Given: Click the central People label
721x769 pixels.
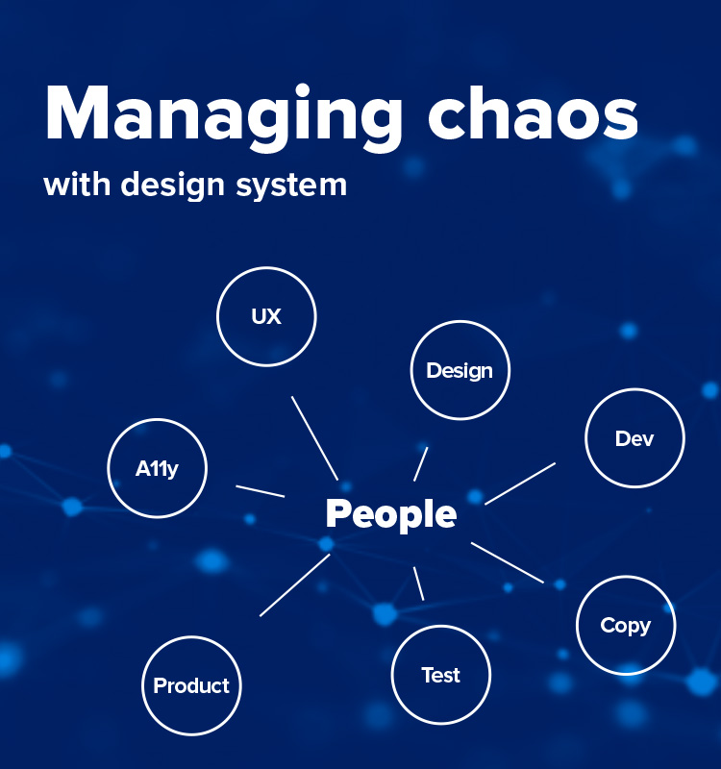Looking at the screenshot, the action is (x=390, y=514).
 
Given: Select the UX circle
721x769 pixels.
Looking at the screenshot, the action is (x=266, y=316).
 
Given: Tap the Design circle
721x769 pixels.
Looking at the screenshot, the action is (x=460, y=371).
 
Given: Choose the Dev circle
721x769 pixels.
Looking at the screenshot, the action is (x=634, y=439).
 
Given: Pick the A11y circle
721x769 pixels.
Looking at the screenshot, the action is (x=157, y=469).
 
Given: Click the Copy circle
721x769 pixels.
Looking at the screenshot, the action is (x=626, y=626).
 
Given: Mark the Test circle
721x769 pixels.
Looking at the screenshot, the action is (x=441, y=675).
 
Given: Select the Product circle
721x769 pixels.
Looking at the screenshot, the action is (x=191, y=686).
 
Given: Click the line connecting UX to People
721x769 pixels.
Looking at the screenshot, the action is (x=314, y=437).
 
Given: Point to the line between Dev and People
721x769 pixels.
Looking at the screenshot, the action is (x=520, y=483).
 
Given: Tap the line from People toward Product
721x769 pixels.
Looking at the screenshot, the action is (x=295, y=584).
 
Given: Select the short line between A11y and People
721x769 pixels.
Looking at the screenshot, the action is (x=261, y=491).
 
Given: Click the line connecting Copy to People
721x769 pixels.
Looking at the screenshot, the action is (x=508, y=562).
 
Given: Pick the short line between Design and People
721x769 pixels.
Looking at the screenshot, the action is (x=421, y=463).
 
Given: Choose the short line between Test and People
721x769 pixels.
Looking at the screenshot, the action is (x=418, y=583).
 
